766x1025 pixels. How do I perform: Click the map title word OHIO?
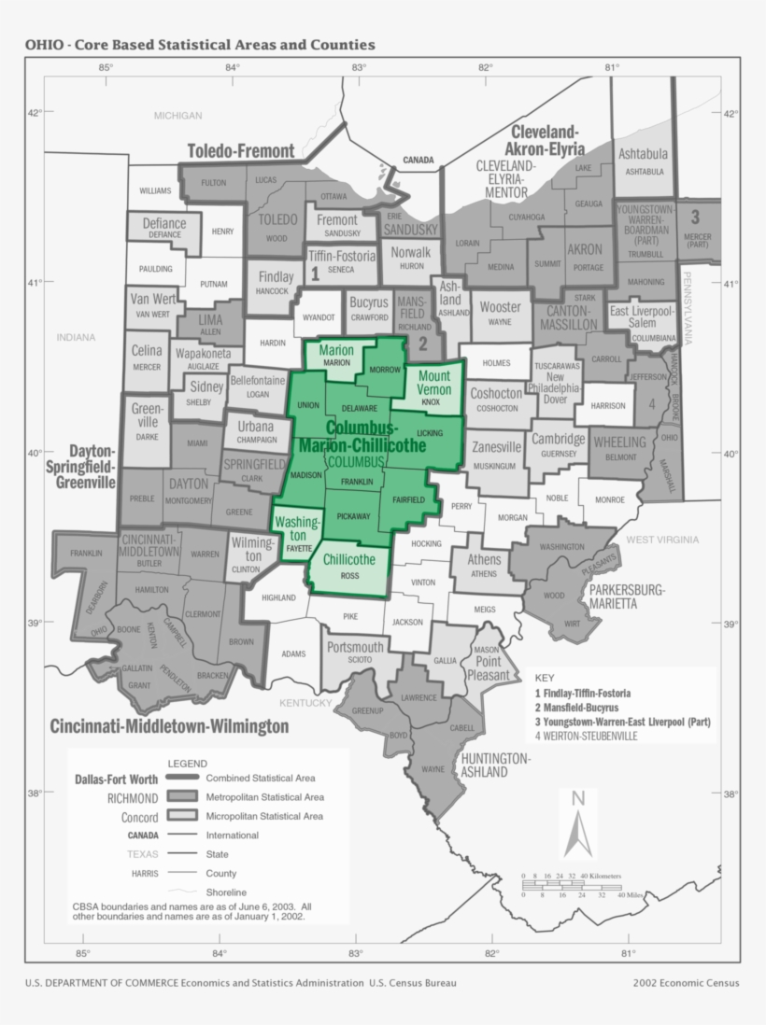click(x=43, y=45)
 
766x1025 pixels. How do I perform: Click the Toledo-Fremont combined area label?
click(x=241, y=151)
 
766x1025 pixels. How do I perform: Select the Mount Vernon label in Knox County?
click(x=434, y=383)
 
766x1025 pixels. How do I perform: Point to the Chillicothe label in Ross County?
click(x=348, y=560)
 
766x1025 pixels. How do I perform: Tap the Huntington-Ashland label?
click(x=495, y=765)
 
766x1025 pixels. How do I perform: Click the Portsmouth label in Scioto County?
click(x=354, y=647)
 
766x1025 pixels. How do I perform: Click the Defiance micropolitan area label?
click(x=164, y=224)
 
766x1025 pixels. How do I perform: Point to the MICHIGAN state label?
click(x=177, y=116)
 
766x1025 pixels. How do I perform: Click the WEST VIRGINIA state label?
click(x=661, y=540)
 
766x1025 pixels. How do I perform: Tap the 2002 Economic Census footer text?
click(x=686, y=982)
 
